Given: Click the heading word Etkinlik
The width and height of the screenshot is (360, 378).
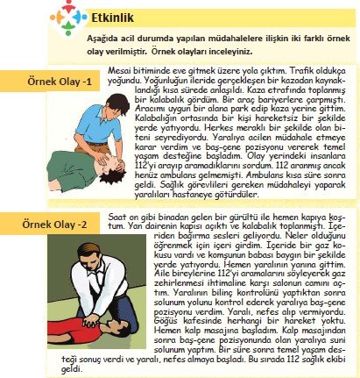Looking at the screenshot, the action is point(112,18).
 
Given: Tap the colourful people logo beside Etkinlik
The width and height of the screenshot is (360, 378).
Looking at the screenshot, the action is point(68,18).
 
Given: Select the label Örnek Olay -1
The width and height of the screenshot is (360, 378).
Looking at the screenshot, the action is point(60,81).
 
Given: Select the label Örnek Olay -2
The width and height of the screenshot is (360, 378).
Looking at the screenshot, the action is point(54,225).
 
